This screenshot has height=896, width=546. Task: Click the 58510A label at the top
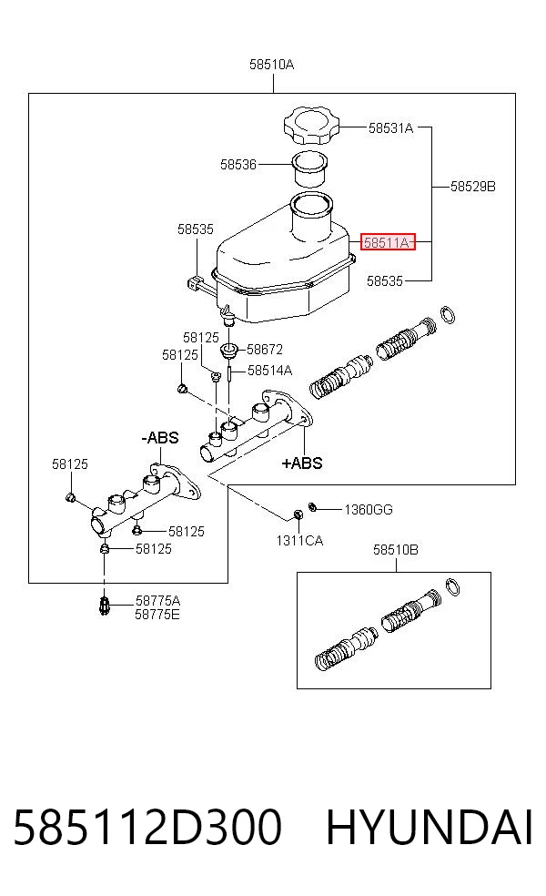[x=272, y=65]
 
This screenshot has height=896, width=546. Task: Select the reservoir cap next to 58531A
[x=311, y=125]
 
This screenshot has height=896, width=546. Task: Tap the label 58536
[x=238, y=165]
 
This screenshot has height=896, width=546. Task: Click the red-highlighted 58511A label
[x=388, y=243]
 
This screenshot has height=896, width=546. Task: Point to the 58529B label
[x=473, y=187]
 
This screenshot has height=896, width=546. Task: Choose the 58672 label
[x=265, y=349]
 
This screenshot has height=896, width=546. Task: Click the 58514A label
[x=269, y=371]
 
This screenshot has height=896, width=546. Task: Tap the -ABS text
[x=160, y=438]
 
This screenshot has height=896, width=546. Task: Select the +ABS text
[x=302, y=463]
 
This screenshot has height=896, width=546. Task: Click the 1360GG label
[x=369, y=509]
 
